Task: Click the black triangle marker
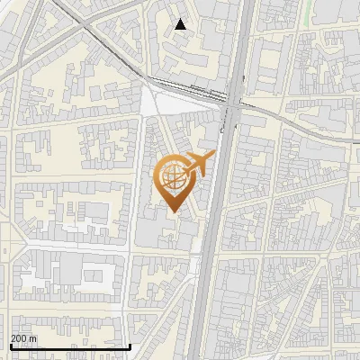pos(181,25)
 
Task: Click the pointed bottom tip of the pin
pos(174,211)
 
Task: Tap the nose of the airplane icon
pos(214,155)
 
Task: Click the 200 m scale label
pos(23,338)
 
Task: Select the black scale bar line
pos(70,346)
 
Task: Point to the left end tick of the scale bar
pos(11,345)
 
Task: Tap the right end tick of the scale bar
pos(130,345)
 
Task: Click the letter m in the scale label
pos(33,338)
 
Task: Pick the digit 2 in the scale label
pos(13,338)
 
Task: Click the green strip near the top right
pos(311,11)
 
